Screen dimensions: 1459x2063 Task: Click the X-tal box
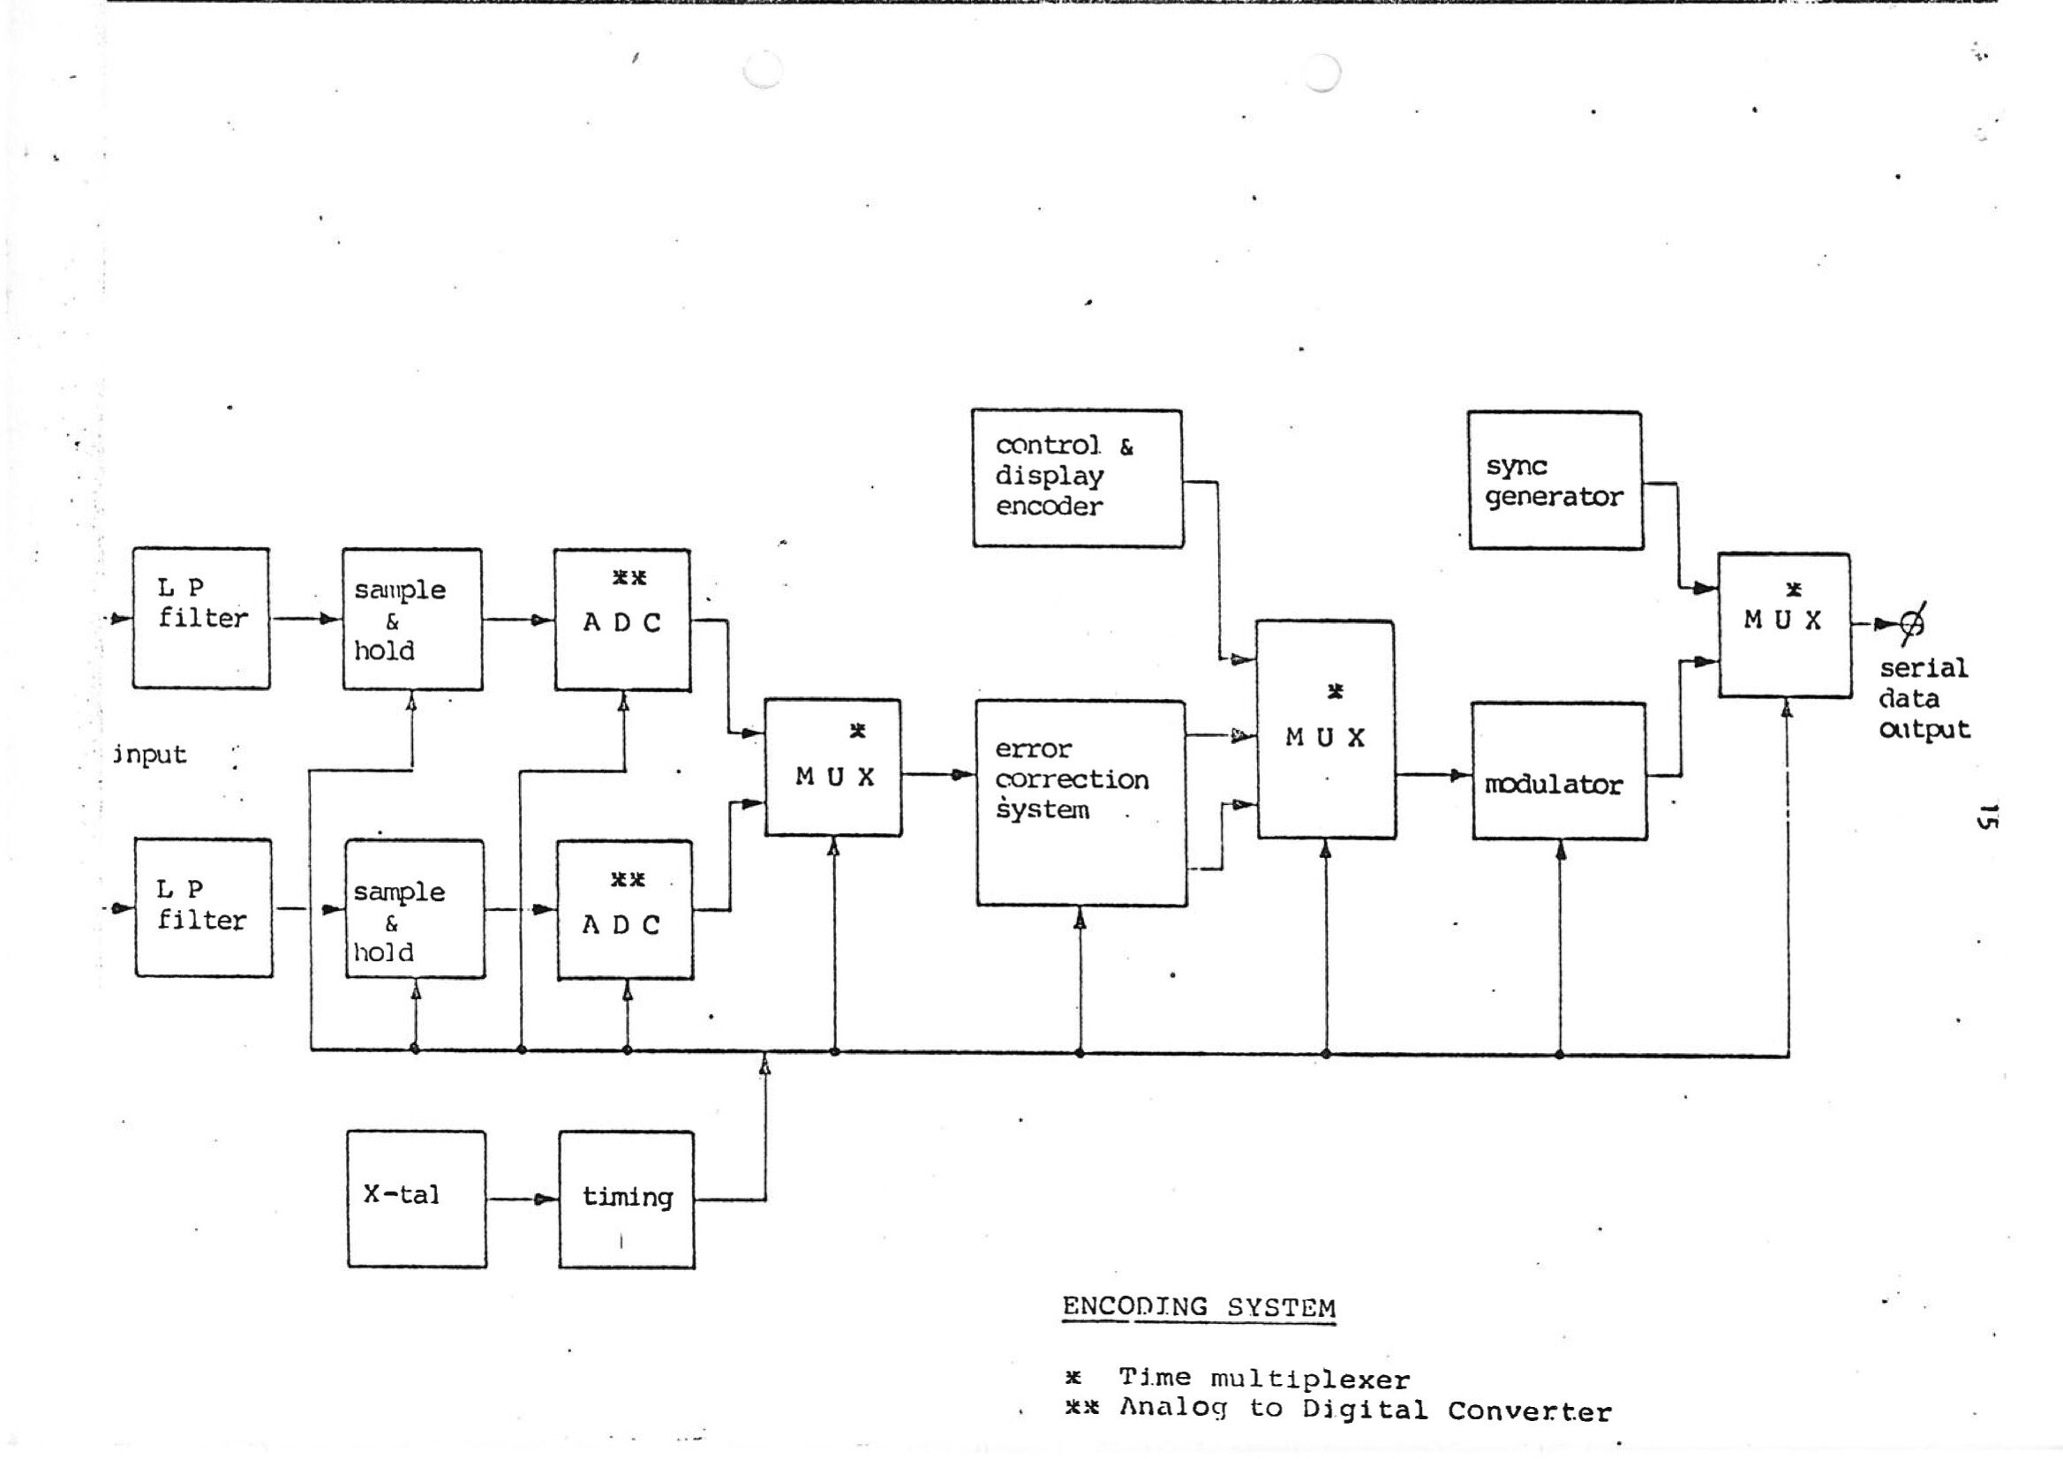pos(416,1199)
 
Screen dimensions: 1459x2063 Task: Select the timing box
pos(626,1199)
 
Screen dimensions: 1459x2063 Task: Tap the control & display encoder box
pos(1077,478)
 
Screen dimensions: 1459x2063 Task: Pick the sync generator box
pos(1555,480)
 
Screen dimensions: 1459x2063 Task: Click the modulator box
pos(1559,771)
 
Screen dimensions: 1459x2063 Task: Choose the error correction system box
pos(1080,802)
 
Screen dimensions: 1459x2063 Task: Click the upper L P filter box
pos(201,618)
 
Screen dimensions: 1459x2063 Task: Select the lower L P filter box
pos(203,907)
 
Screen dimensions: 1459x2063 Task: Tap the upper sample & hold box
pos(412,619)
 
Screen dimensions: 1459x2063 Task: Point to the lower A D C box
pos(624,908)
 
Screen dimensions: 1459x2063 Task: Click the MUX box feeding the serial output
pos(1784,624)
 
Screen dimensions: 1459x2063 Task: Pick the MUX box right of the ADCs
pos(833,767)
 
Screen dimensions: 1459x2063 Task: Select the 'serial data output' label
pos(1924,698)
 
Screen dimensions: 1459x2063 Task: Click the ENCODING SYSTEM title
pos(1199,1307)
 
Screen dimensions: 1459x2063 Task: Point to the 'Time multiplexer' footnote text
pos(1263,1378)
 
